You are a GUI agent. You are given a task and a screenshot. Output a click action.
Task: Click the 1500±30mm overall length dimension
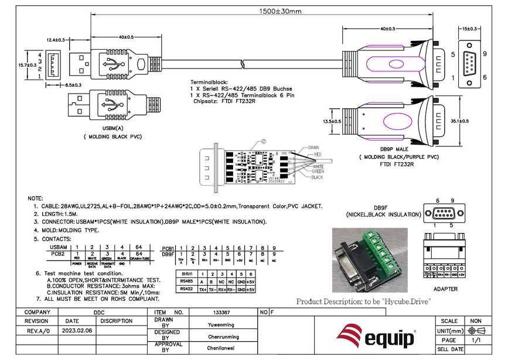[281, 11]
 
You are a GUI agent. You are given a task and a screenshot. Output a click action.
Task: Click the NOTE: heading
[36, 199]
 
